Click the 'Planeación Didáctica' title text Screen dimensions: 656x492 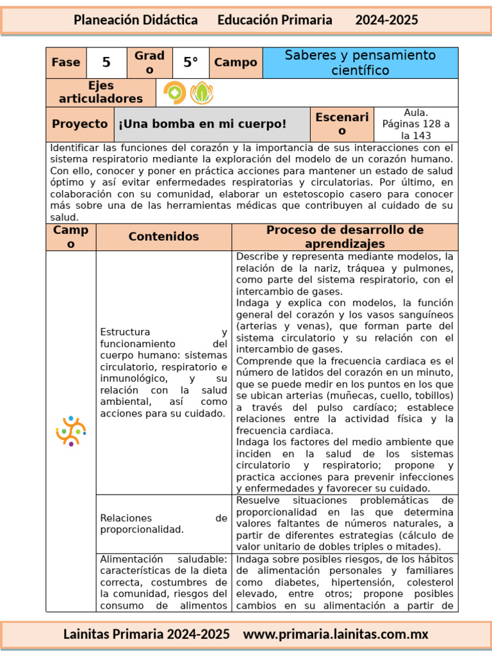click(x=136, y=20)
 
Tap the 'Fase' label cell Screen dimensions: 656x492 click(x=66, y=62)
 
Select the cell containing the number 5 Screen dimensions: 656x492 click(x=106, y=62)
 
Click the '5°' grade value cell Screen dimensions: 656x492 click(x=191, y=62)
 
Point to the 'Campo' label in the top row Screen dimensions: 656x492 click(x=236, y=62)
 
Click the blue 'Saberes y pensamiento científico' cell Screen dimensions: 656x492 click(x=360, y=63)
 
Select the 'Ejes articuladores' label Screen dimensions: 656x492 click(x=101, y=92)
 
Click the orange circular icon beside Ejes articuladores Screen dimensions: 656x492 click(x=174, y=93)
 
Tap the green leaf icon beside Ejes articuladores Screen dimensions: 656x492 click(x=202, y=93)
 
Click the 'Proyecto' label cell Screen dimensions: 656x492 click(x=80, y=124)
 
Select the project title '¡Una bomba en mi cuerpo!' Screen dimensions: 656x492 click(x=202, y=124)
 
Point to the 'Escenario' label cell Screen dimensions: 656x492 click(x=341, y=124)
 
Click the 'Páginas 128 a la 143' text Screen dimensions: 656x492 click(x=416, y=129)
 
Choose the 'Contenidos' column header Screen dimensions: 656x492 click(x=163, y=236)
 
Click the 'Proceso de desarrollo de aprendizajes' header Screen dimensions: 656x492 click(x=345, y=236)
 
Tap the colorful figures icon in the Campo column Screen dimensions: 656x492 click(x=70, y=430)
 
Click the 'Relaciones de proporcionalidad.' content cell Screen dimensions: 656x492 click(x=163, y=523)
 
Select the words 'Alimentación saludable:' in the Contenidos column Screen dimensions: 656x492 click(x=163, y=559)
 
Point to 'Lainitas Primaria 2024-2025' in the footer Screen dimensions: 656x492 click(x=146, y=634)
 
